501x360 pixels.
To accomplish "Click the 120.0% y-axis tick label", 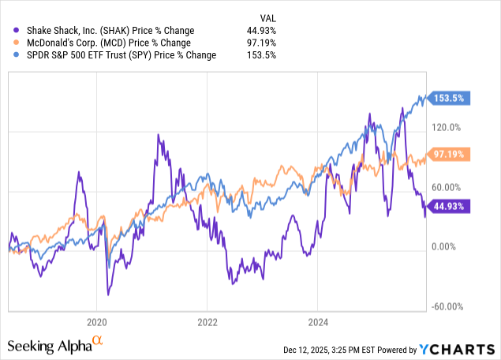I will tap(451, 126).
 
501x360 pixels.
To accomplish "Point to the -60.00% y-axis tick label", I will tap(449, 306).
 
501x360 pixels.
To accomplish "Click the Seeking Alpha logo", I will tap(55, 345).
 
